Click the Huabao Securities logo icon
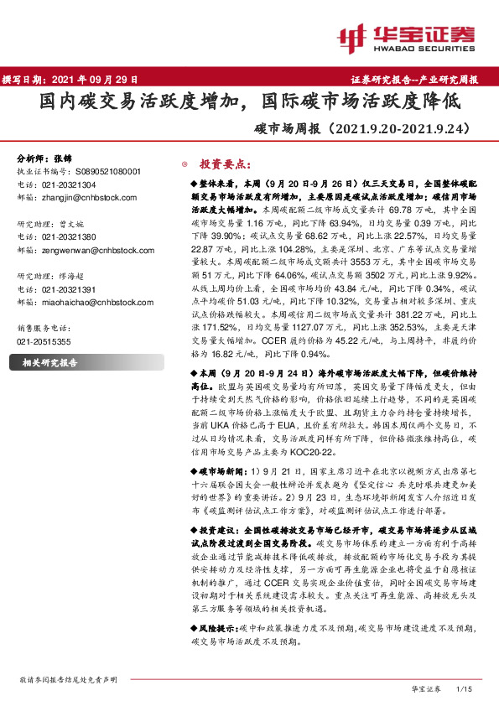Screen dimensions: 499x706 tap(355, 37)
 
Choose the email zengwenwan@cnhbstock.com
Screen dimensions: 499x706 tap(95, 249)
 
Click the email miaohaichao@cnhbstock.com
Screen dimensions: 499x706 tap(95, 302)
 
